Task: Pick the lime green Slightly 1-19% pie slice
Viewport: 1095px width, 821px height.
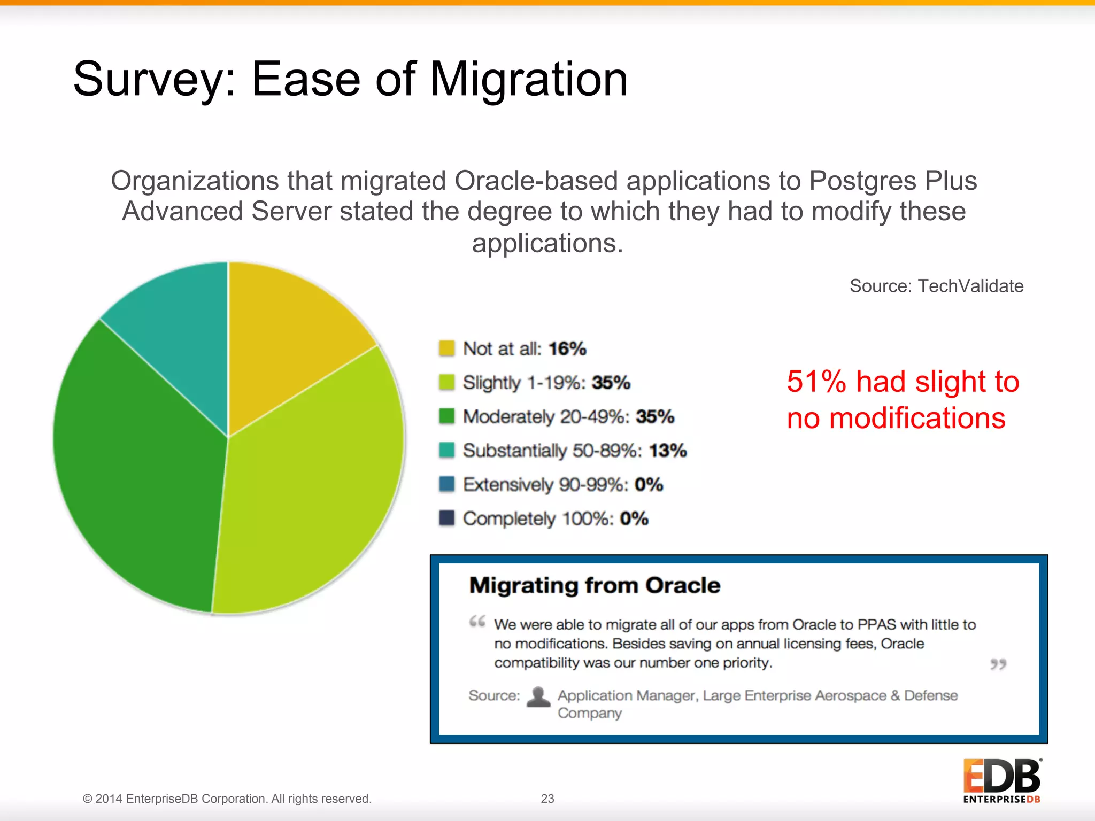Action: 310,492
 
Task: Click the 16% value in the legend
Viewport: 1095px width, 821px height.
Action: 567,349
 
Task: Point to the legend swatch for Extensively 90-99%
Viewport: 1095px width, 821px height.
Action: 446,484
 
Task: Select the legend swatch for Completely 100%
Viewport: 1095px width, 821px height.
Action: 446,518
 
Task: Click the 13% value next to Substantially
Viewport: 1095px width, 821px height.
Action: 668,451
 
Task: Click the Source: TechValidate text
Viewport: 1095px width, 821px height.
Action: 936,286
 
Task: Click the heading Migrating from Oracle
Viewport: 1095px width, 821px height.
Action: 595,585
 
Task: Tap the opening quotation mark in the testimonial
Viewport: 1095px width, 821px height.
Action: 477,622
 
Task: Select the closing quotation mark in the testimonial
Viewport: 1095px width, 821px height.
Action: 998,664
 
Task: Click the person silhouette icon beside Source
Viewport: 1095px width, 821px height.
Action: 538,696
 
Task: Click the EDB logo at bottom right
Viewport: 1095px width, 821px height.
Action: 1001,780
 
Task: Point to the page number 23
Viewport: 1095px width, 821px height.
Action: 547,799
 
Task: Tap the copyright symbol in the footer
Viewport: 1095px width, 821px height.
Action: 87,799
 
